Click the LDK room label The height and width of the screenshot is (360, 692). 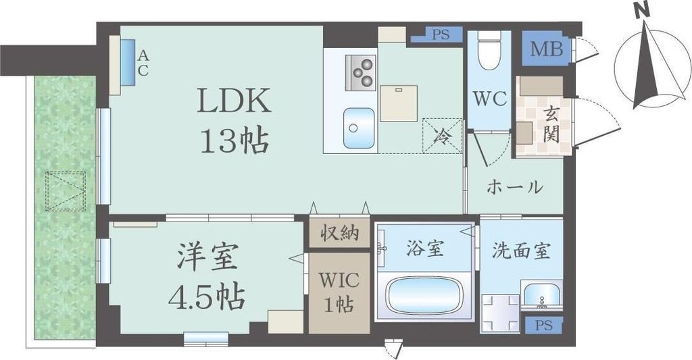click(x=234, y=102)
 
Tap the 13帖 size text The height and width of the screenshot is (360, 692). click(x=234, y=141)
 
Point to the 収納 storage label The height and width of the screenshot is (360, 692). click(x=340, y=234)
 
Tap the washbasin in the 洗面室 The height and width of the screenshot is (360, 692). click(x=542, y=296)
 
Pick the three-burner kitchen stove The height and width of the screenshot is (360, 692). click(x=360, y=72)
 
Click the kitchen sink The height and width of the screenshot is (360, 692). click(x=359, y=128)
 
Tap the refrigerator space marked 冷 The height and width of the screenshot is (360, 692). click(x=442, y=135)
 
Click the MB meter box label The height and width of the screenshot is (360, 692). click(x=547, y=49)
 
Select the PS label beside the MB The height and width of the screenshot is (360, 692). click(x=441, y=34)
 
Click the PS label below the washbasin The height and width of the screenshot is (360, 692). click(x=543, y=326)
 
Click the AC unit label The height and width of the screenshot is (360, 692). click(x=143, y=65)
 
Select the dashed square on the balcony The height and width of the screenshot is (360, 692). click(x=66, y=191)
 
